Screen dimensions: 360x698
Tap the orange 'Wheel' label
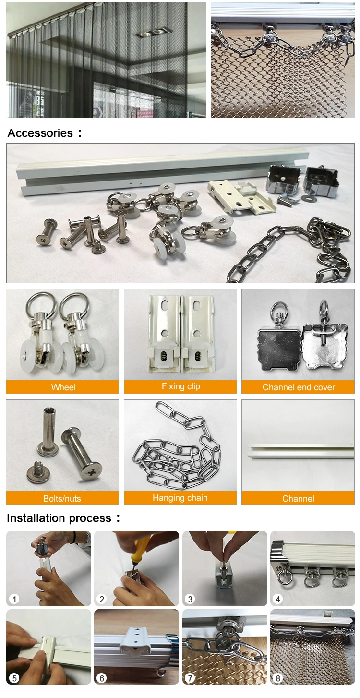[x=63, y=387]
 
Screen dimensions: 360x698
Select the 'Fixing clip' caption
[x=180, y=387]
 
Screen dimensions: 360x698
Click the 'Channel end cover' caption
[x=298, y=387]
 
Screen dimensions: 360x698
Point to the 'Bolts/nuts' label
[x=62, y=499]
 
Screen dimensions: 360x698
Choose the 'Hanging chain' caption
[x=180, y=498]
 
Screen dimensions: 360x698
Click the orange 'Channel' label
[x=298, y=499]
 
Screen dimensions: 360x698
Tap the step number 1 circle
[x=14, y=599]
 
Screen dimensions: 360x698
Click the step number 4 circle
[x=278, y=599]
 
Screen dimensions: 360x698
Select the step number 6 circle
[x=102, y=678]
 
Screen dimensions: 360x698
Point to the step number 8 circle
[x=278, y=678]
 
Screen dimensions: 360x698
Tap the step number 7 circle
[x=190, y=678]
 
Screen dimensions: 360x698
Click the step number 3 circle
[x=190, y=599]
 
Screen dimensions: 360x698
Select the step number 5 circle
[x=14, y=678]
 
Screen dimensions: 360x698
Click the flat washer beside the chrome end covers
[x=310, y=198]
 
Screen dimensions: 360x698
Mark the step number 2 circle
[x=102, y=599]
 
